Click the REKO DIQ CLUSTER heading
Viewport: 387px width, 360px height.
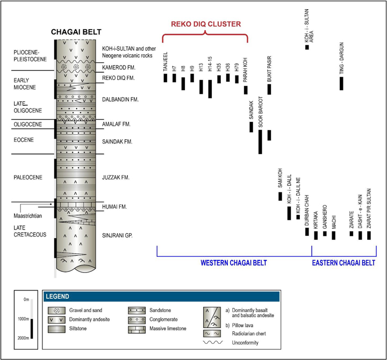coord(205,24)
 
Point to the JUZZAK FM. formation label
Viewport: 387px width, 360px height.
coord(117,177)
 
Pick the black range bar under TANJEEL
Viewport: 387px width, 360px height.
coord(166,78)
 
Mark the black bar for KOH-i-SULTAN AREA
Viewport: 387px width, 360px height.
coord(307,47)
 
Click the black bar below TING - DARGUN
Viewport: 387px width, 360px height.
coord(341,83)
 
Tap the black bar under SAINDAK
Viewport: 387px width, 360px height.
coord(251,127)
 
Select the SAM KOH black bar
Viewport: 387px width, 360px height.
coord(280,196)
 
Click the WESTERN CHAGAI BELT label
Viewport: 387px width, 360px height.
coord(234,263)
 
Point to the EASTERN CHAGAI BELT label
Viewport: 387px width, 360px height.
coord(343,263)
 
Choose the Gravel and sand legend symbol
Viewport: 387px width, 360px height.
coord(56,310)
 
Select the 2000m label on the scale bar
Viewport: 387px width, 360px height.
coord(23,339)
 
